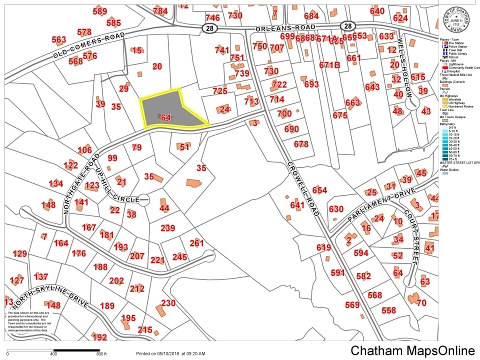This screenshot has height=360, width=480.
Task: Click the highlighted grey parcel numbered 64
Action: pos(170,111)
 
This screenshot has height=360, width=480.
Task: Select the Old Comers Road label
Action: pos(88,46)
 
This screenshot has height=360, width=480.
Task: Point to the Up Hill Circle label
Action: pos(119,179)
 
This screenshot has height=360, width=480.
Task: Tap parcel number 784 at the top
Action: pos(160,11)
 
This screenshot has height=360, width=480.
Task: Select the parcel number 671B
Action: pos(329,65)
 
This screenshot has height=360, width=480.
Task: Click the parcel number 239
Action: pos(168,228)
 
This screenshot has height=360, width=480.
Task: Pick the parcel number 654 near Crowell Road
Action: pos(319,190)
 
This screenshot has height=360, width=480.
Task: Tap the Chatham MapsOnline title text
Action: pos(412,350)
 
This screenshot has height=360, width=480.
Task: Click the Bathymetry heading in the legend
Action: pos(448,123)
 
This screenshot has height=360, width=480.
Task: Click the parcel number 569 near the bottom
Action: pos(352,305)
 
